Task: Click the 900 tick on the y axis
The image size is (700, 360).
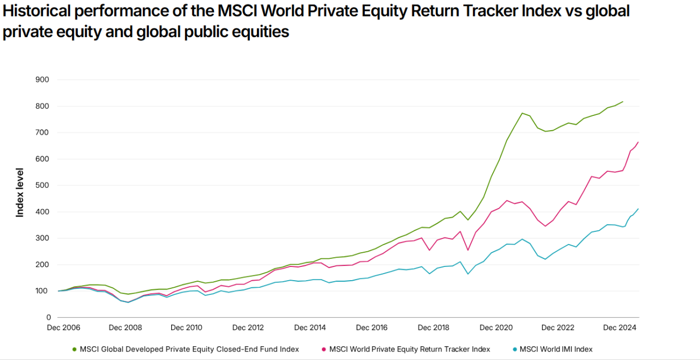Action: coord(43,80)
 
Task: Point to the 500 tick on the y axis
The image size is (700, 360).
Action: coord(43,185)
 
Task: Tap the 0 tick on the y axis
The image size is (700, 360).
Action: coord(48,317)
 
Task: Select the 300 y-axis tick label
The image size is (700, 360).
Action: coord(43,238)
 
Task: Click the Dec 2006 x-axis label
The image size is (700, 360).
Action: coord(64,328)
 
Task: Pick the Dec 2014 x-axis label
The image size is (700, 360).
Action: coord(310,328)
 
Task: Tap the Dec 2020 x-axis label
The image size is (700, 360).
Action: coord(496,328)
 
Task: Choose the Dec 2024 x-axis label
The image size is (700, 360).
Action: coord(620,328)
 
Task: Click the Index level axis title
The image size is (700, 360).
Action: coord(20,193)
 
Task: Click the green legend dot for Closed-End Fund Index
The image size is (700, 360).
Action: coord(74,349)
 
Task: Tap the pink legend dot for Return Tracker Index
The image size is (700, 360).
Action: coord(324,349)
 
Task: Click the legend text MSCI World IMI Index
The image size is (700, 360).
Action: coord(556,349)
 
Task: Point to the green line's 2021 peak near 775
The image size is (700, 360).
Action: coord(522,113)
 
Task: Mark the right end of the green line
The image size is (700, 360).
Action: coord(623,102)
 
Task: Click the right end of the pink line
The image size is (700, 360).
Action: coord(638,142)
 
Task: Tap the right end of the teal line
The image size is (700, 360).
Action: coord(638,209)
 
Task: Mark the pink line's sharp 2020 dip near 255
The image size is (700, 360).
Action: coord(468,250)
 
